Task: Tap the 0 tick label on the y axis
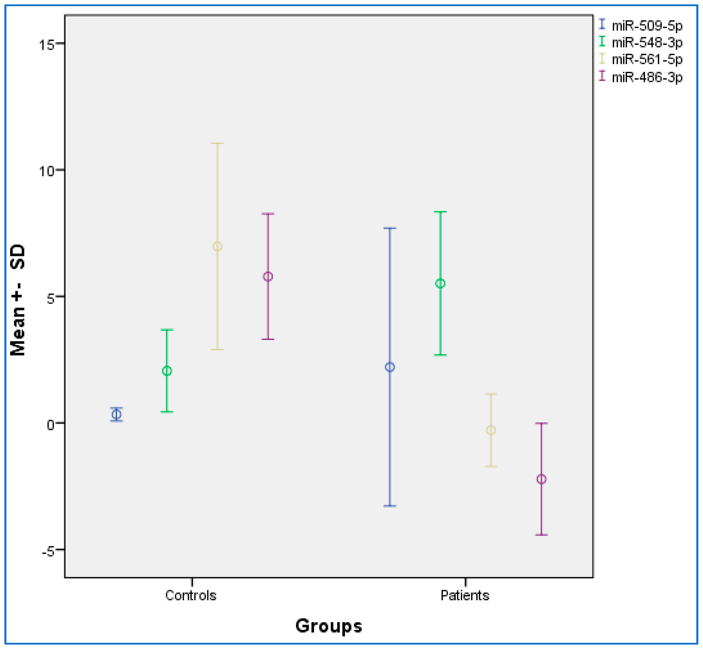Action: [51, 425]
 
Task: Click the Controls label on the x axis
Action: [191, 595]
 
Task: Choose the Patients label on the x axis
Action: [465, 595]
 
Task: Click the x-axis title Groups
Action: [328, 626]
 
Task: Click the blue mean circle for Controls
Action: [116, 415]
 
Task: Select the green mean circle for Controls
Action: [167, 371]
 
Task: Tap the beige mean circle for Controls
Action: [217, 246]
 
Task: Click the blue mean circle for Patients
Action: [390, 367]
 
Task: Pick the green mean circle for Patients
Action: [440, 283]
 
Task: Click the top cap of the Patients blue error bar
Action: [390, 228]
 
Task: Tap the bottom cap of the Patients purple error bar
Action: [541, 535]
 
